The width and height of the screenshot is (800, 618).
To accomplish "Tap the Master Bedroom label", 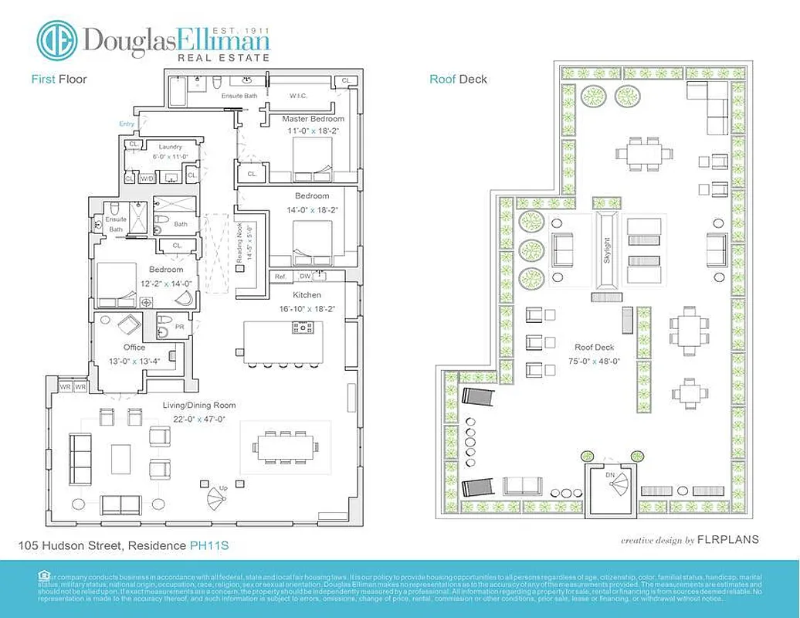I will tap(313, 119).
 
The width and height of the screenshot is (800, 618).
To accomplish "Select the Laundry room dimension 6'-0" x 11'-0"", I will tap(169, 156).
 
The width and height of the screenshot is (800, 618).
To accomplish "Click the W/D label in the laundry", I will tap(146, 178).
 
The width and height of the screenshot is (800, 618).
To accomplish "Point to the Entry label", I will tap(127, 124).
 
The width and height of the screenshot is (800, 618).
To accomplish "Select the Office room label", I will tap(134, 348).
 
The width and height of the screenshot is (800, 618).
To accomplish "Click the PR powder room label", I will tap(180, 327).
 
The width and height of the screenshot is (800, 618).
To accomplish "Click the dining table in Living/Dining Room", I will tap(285, 446).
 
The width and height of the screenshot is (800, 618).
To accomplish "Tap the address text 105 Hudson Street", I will tap(70, 546).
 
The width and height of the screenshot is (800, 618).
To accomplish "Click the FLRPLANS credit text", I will tap(727, 540).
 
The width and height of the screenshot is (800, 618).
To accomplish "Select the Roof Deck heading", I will tap(458, 79).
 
